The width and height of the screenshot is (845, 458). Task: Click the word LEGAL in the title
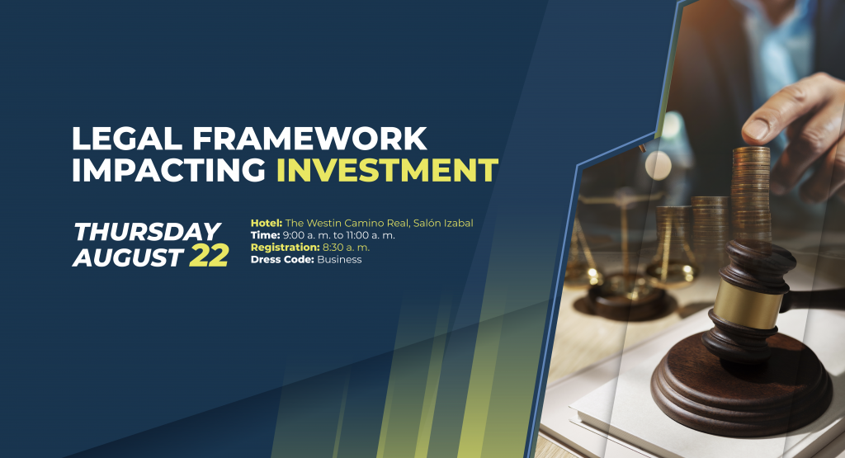[x=127, y=139]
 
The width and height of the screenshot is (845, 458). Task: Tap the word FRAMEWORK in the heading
[x=310, y=139]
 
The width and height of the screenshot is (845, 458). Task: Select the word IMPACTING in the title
[x=168, y=170]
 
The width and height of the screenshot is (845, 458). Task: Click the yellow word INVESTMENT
[x=387, y=170]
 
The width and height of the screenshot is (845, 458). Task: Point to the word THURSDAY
[x=147, y=232]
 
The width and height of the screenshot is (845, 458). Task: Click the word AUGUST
[x=128, y=257]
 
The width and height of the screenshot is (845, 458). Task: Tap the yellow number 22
[x=209, y=257]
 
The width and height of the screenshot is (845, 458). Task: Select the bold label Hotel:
[x=267, y=223]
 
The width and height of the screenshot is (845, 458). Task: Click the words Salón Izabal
[x=443, y=223]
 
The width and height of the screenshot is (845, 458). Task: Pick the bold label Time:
[x=265, y=235]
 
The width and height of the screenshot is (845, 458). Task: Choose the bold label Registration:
[x=285, y=248]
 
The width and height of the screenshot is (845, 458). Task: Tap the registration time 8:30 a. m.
[x=346, y=248]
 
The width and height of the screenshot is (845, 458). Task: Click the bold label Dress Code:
[x=282, y=260]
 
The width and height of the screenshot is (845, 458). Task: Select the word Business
[x=339, y=260]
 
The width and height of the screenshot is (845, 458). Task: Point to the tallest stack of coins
[x=751, y=194]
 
